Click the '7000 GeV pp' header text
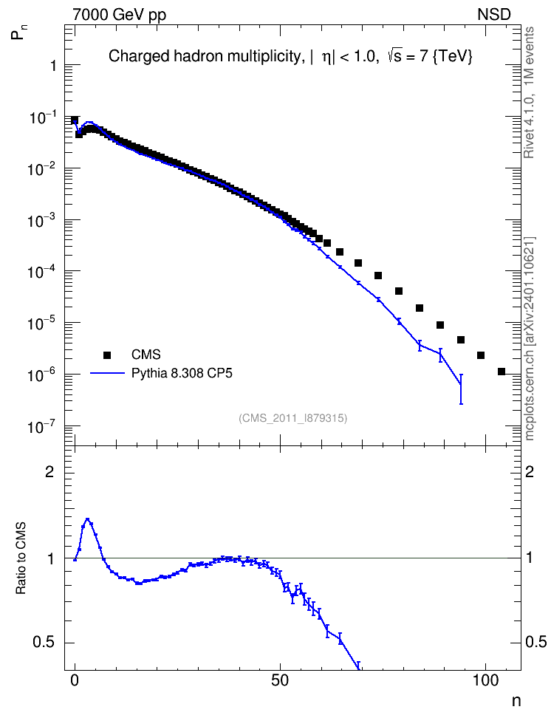[119, 15]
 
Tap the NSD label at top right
[493, 15]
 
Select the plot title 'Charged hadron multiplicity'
[205, 56]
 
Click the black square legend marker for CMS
[107, 355]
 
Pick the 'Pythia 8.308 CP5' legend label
[182, 373]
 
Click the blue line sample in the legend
[107, 373]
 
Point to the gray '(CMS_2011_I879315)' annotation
[292, 418]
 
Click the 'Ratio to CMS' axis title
[21, 558]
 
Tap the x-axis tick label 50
[280, 680]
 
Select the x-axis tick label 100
[485, 680]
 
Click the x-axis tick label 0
[75, 680]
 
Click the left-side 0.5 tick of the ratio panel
[44, 643]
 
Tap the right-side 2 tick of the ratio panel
[530, 471]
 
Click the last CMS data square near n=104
[501, 372]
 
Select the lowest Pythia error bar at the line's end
[461, 389]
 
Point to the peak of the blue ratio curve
[87, 519]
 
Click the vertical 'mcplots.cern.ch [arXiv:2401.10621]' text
[530, 339]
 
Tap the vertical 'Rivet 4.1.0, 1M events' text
[530, 92]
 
